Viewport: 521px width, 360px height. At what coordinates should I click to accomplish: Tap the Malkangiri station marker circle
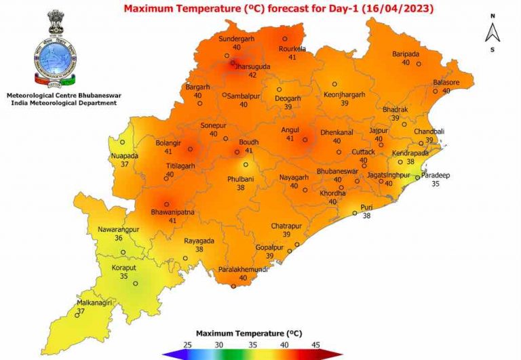point(76,315)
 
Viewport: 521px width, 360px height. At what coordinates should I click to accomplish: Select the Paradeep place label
point(436,176)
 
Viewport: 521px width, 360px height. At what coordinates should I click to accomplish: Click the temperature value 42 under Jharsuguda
point(252,75)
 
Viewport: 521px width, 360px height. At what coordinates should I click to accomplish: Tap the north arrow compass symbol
point(494,31)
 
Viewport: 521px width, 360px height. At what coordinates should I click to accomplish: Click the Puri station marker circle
point(354,214)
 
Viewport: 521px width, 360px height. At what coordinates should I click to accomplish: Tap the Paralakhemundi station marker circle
point(234,285)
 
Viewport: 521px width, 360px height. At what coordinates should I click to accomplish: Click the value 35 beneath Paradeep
point(436,184)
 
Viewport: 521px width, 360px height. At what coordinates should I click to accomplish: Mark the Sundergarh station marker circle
point(285,39)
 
